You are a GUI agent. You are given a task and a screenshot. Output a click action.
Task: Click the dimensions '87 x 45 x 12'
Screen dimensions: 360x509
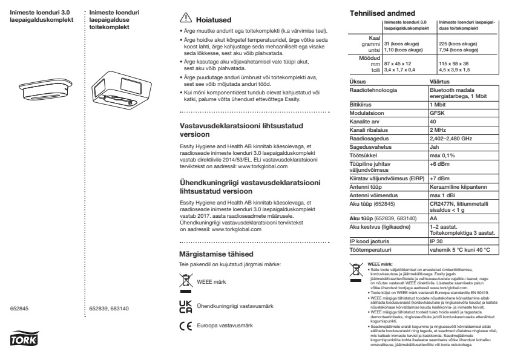pos(398,64)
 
